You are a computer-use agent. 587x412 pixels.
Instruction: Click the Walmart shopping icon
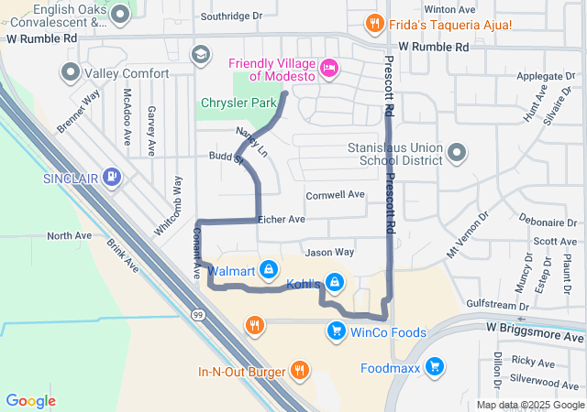coord(269,270)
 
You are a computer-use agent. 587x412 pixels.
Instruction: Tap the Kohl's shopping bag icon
coord(336,283)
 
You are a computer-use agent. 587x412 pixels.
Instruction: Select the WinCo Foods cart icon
coord(337,331)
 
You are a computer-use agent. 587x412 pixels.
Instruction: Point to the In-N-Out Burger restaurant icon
coord(299,371)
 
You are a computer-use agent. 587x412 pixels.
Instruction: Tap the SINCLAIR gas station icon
coord(112,176)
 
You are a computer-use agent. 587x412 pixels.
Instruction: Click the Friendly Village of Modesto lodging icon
coord(330,66)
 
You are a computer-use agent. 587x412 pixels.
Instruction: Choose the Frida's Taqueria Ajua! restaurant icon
coord(373,23)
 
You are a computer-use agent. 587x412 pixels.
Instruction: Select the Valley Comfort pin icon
coord(70,72)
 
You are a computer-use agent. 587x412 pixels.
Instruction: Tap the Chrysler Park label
coord(238,103)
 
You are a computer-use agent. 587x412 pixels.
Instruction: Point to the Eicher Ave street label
coord(281,220)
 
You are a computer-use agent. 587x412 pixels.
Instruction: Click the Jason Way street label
coord(329,252)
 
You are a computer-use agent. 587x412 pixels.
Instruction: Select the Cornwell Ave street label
coord(335,194)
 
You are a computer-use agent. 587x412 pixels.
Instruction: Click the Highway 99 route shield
coord(198,314)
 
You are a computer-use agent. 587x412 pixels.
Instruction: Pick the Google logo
coord(30,400)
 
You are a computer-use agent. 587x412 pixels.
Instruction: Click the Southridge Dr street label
coord(231,16)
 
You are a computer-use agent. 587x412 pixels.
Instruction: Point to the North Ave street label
coord(70,235)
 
